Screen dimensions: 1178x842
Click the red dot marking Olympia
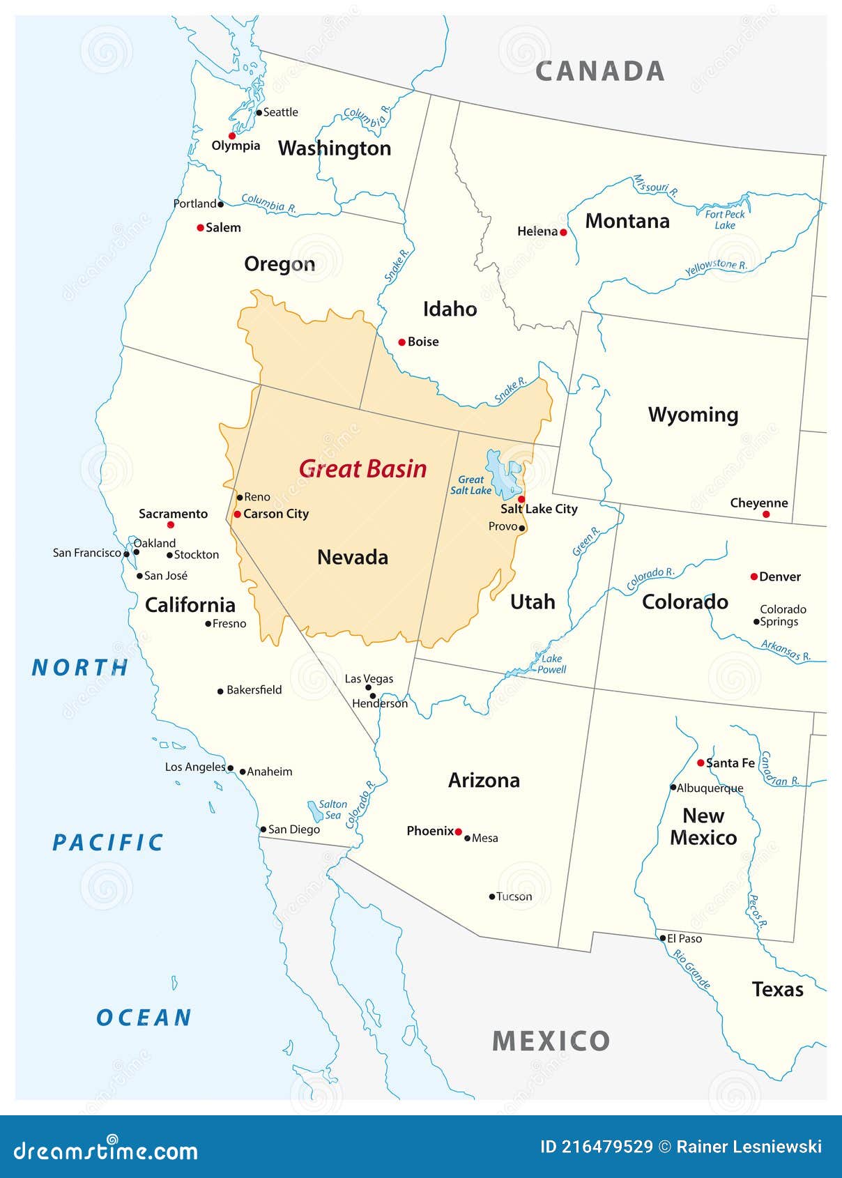232,136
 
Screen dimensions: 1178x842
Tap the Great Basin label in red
362,468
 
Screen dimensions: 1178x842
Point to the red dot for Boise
401,342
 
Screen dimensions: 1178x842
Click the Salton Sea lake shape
314,811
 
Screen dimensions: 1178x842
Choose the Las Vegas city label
369,678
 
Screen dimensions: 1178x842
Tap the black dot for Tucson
492,897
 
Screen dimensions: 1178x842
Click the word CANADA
599,71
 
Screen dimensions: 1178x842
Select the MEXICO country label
551,1041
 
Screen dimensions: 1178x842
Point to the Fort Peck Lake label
725,220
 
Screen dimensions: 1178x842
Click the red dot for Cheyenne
766,514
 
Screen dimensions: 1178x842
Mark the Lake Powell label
551,664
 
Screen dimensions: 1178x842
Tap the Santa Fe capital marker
701,763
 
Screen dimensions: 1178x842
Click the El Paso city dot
663,938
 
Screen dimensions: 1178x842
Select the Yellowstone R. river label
715,267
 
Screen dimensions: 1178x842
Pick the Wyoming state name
693,415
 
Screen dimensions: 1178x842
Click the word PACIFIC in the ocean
108,842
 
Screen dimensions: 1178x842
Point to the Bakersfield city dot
220,691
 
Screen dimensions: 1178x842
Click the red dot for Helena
563,232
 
